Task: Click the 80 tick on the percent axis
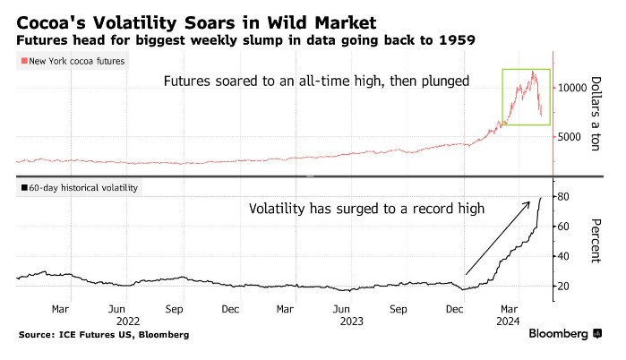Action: [x=563, y=196]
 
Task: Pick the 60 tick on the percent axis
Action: [x=563, y=227]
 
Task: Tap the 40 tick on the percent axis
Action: [x=563, y=256]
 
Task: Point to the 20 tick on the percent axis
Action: [x=563, y=286]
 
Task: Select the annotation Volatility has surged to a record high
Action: [x=366, y=209]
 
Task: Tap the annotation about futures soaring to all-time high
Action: [x=315, y=81]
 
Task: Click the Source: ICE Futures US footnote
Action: [x=103, y=334]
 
